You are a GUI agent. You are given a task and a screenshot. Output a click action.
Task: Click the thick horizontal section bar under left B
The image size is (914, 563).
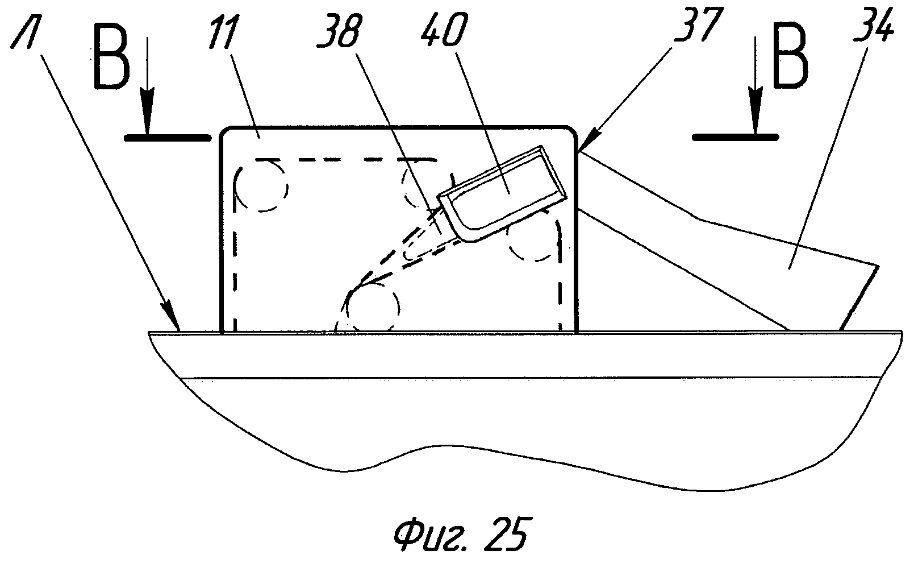pyautogui.click(x=164, y=136)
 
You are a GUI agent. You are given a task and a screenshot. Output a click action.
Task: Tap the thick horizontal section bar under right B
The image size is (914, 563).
pyautogui.click(x=736, y=136)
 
